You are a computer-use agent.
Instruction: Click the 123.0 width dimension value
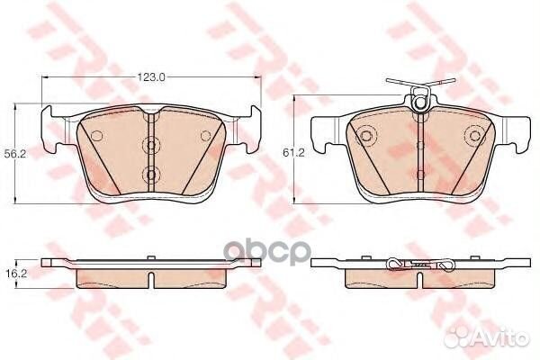(x=151, y=77)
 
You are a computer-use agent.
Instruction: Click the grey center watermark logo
(x=267, y=250)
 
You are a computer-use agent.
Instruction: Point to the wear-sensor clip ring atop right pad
(x=420, y=102)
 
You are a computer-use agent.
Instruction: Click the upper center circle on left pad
(x=151, y=145)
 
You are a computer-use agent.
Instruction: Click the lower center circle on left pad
(x=151, y=175)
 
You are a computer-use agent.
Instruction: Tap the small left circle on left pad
(x=97, y=136)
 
